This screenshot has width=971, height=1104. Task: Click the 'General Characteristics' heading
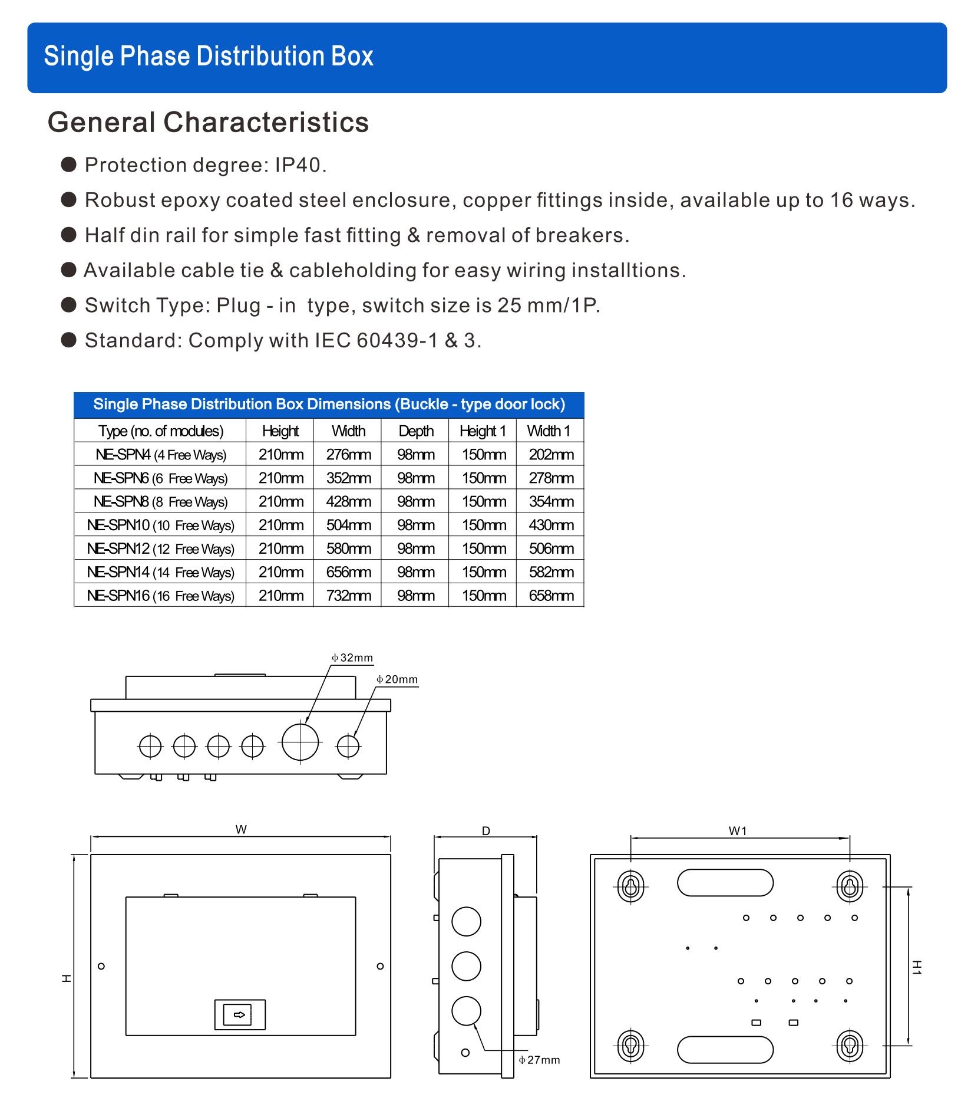pos(208,123)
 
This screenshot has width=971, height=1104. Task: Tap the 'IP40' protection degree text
pos(299,165)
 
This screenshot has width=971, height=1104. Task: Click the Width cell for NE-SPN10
pos(348,525)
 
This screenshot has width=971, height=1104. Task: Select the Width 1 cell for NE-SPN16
pos(551,596)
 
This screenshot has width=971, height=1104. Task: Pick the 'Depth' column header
pos(416,431)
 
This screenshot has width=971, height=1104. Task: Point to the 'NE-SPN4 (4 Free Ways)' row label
pos(160,455)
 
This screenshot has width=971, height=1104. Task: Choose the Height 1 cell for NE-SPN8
pos(483,502)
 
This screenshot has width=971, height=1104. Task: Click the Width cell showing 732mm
pos(348,596)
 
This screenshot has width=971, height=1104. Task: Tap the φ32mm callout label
pos(352,658)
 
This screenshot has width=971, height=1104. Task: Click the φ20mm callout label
pos(397,679)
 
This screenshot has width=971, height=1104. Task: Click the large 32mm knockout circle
pos(300,741)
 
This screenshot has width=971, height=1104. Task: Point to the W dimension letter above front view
pos(241,829)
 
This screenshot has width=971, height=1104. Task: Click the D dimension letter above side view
pos(485,831)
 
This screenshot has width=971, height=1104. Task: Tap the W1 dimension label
pos(738,831)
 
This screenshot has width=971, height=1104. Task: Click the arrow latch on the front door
pos(240,1015)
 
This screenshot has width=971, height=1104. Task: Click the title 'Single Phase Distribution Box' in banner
pos(209,57)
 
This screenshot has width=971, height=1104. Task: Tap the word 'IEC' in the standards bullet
pos(332,341)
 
